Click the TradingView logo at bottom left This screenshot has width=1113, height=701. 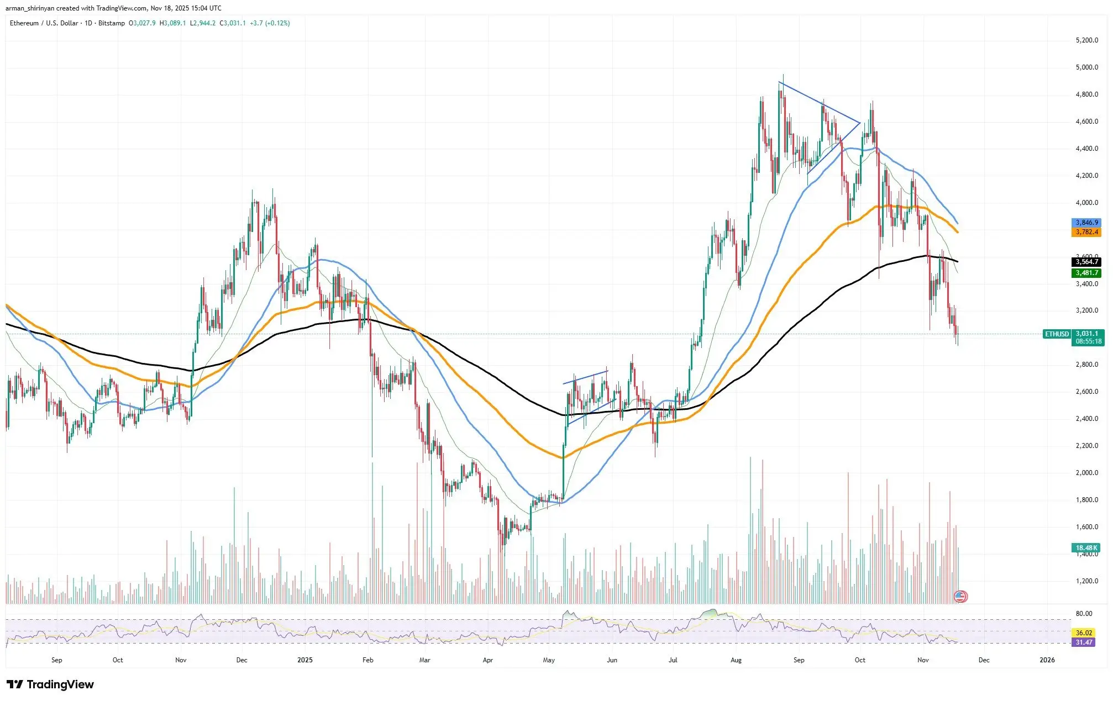pyautogui.click(x=50, y=684)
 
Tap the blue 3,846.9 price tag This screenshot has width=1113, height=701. pyautogui.click(x=1086, y=223)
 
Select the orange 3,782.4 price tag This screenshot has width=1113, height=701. pyautogui.click(x=1086, y=232)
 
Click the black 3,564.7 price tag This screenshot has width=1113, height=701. pyautogui.click(x=1086, y=262)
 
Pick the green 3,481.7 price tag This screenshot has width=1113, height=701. pyautogui.click(x=1086, y=273)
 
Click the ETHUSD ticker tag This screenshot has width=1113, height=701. pyautogui.click(x=1057, y=334)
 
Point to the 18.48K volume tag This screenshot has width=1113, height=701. pyautogui.click(x=1086, y=548)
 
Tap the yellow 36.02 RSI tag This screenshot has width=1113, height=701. pyautogui.click(x=1084, y=633)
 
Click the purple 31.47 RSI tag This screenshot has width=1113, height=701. pyautogui.click(x=1084, y=642)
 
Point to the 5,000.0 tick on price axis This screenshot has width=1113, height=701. pyautogui.click(x=1086, y=67)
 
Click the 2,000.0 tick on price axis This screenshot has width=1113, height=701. pyautogui.click(x=1086, y=473)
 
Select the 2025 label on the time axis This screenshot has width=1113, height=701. pyautogui.click(x=305, y=660)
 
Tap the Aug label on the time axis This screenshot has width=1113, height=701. pyautogui.click(x=736, y=660)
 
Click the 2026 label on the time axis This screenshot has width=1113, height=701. pyautogui.click(x=1047, y=660)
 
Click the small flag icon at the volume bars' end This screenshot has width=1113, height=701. pyautogui.click(x=961, y=597)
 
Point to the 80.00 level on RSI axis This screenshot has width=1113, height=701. pyautogui.click(x=1084, y=614)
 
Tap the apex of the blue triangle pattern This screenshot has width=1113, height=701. pyautogui.click(x=860, y=122)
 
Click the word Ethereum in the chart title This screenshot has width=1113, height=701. pyautogui.click(x=24, y=23)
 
